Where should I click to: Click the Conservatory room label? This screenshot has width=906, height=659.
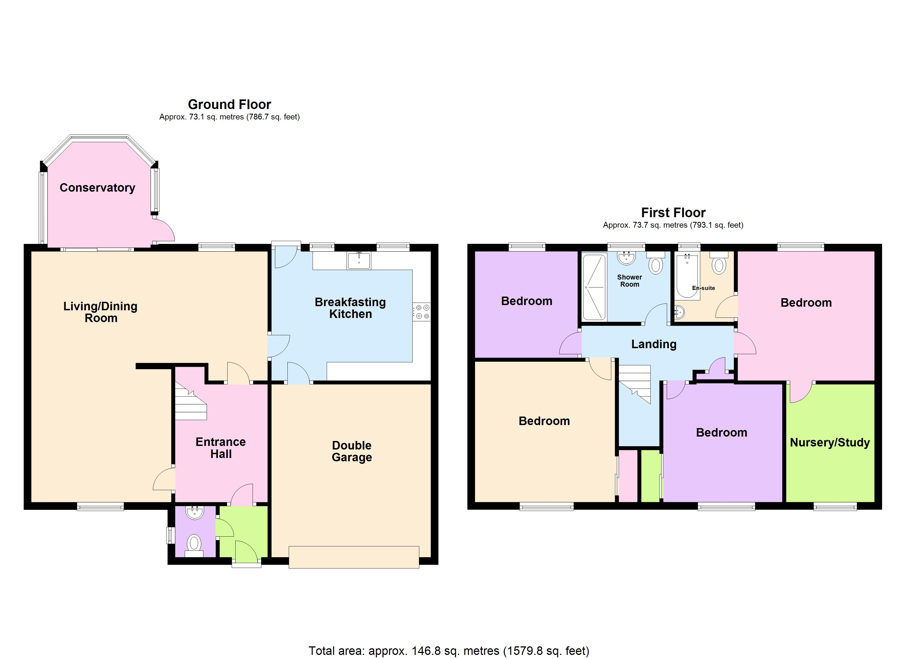[97, 188]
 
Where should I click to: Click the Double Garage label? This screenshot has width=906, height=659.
[351, 451]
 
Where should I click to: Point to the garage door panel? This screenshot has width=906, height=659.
[354, 557]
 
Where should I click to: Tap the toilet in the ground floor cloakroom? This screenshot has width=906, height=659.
[194, 543]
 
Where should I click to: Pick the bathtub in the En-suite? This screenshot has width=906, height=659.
[687, 276]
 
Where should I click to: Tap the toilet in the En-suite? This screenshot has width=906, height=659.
[719, 264]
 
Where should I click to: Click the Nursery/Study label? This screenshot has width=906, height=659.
[830, 442]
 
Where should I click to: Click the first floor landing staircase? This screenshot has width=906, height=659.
[635, 384]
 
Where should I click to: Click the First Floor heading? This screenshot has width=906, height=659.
[673, 212]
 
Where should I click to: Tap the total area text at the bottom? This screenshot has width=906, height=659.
[449, 650]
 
